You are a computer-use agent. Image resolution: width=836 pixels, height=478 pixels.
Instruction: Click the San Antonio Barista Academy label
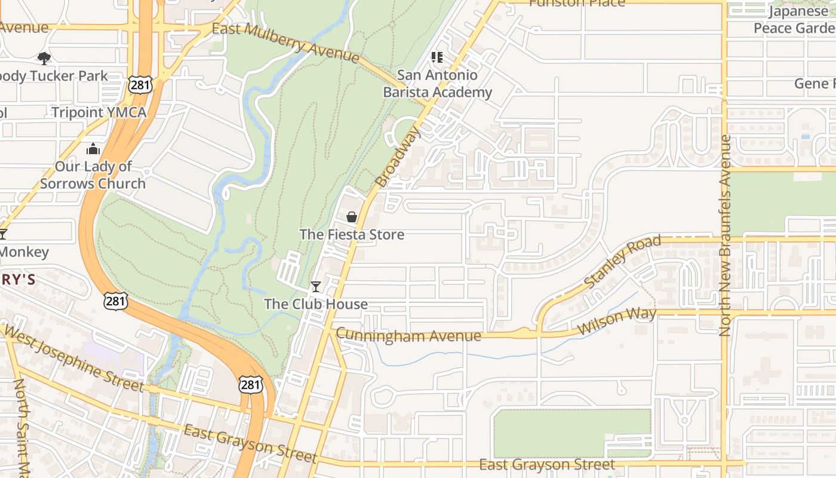point(437,84)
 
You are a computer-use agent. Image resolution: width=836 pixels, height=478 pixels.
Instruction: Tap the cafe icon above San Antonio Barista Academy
point(437,57)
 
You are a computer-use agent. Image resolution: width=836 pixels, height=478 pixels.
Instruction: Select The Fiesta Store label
point(352,234)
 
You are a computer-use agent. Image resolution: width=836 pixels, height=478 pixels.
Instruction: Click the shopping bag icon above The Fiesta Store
point(352,217)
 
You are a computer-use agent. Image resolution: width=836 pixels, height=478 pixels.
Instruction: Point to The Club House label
point(316,304)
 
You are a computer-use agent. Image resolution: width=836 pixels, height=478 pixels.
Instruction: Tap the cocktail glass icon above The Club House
point(316,287)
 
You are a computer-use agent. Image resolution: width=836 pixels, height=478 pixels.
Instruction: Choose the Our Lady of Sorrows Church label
point(93,175)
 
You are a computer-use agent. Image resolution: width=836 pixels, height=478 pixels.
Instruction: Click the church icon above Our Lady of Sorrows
point(93,149)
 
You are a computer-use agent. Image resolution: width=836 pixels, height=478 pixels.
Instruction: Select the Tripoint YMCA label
point(99,112)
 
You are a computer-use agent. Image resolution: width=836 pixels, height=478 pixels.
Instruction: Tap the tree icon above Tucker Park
point(44,58)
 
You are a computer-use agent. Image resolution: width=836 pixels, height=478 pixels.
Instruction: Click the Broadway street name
point(398,157)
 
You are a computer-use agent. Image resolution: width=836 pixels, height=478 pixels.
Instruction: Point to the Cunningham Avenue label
point(408,335)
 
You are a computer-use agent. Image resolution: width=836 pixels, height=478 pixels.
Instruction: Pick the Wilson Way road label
point(617,320)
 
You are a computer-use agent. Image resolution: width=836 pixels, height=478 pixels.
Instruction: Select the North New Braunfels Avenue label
point(725,235)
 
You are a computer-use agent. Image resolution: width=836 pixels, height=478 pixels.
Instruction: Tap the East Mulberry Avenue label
point(285,42)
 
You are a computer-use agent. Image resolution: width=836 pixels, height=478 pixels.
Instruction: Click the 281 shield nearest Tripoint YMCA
point(140,85)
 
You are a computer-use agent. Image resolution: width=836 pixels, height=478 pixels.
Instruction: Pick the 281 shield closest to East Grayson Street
point(250,385)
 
